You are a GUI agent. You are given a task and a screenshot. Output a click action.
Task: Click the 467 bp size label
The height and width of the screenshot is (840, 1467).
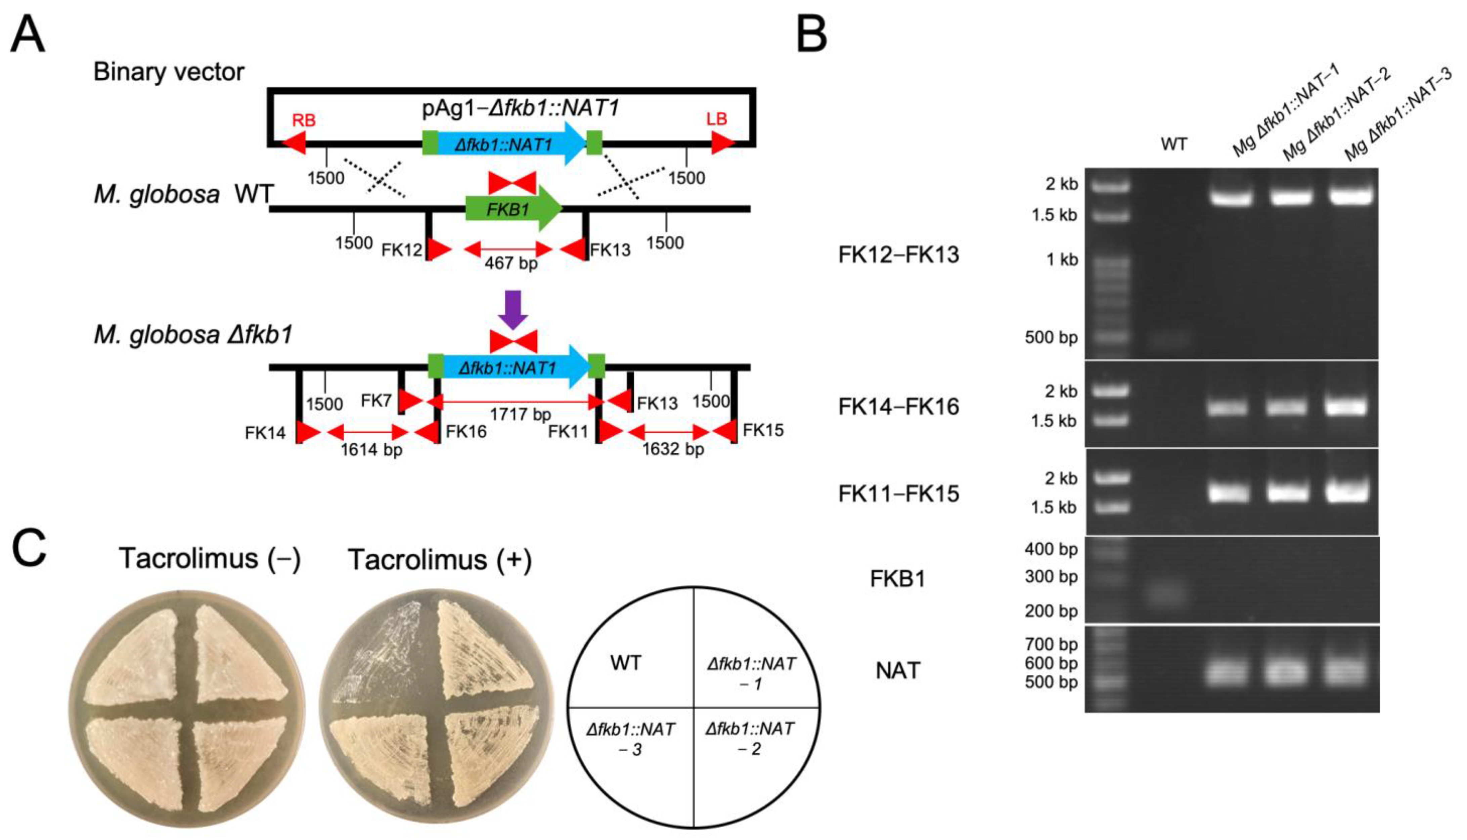(510, 263)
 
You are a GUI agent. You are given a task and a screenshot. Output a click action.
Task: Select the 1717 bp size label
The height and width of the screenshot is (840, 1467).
(520, 414)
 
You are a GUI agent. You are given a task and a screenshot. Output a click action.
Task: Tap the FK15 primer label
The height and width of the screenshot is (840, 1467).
(763, 430)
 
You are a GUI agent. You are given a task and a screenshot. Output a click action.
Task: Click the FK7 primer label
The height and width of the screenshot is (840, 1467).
(376, 400)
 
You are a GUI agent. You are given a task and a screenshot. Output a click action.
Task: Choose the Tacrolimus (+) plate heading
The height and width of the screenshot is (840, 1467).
(440, 560)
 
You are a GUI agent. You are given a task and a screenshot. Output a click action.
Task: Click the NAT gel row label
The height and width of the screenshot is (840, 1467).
(898, 670)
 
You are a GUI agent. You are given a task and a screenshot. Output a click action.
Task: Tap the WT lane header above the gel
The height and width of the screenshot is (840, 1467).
(1174, 144)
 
